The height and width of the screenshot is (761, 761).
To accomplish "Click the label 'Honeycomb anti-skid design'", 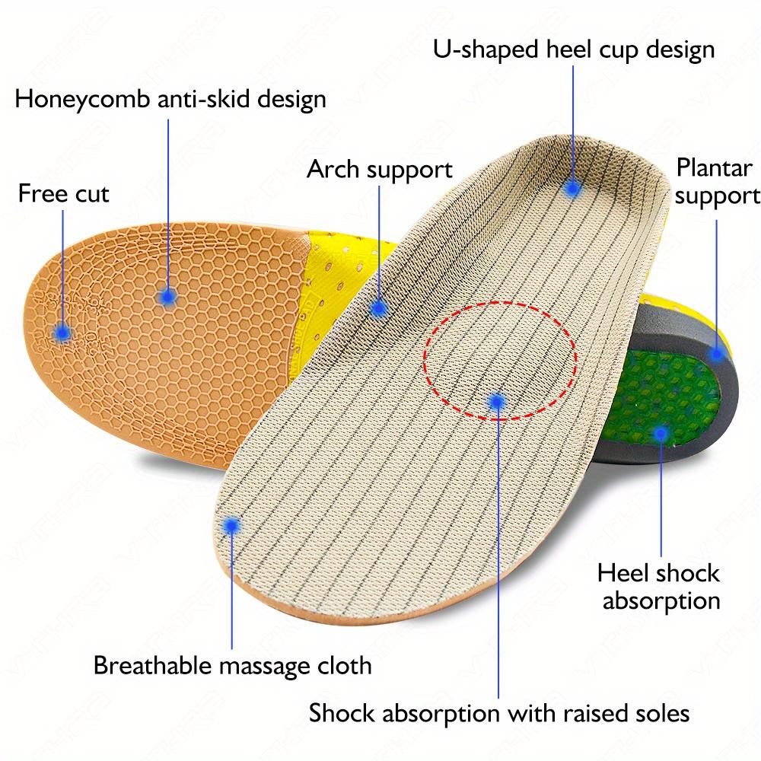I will pyautogui.click(x=171, y=99).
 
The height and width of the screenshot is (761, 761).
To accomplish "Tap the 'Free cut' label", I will pyautogui.click(x=64, y=193).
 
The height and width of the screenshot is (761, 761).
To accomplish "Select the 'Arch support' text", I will pyautogui.click(x=379, y=169).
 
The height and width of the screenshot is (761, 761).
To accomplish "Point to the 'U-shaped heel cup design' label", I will pyautogui.click(x=575, y=50).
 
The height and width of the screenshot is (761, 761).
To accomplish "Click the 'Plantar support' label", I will pyautogui.click(x=716, y=181).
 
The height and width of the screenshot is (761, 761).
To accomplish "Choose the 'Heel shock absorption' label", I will pyautogui.click(x=658, y=586).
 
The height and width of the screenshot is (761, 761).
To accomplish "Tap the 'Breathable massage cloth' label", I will pyautogui.click(x=232, y=665).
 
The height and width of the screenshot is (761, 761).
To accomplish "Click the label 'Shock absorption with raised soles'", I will pyautogui.click(x=499, y=713).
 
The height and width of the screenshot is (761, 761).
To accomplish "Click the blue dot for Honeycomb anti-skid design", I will pyautogui.click(x=168, y=296).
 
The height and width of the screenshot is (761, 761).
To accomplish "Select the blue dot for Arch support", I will pyautogui.click(x=378, y=308).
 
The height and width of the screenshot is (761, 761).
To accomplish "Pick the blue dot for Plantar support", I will pyautogui.click(x=717, y=353).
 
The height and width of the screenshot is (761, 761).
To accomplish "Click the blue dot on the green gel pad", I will pyautogui.click(x=661, y=434).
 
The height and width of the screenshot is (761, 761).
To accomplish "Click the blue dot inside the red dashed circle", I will pyautogui.click(x=497, y=400).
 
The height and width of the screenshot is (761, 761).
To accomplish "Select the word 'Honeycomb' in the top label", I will pyautogui.click(x=77, y=99).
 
